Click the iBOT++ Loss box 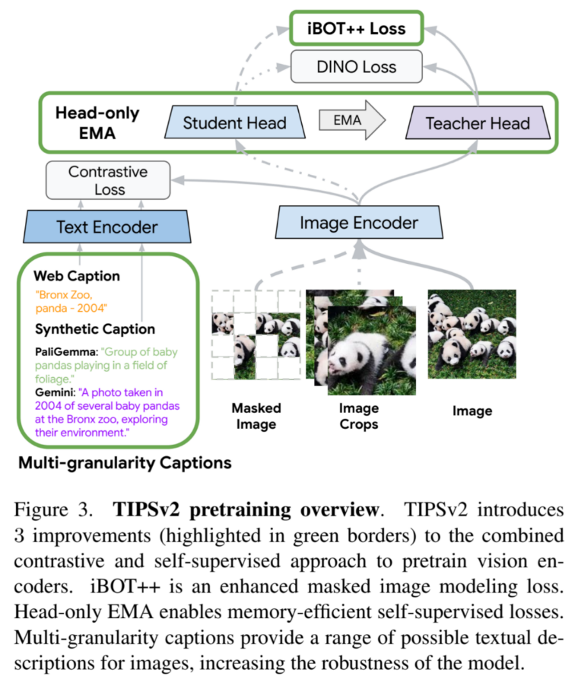356,30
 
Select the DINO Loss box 356,68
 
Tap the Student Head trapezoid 234,122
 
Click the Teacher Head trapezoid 477,123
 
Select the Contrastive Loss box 107,180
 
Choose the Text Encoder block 107,227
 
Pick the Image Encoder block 358,223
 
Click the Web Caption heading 76,276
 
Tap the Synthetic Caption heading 95,329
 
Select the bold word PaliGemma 65,353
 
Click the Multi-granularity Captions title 124,462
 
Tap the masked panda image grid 256,335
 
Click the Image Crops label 358,416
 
